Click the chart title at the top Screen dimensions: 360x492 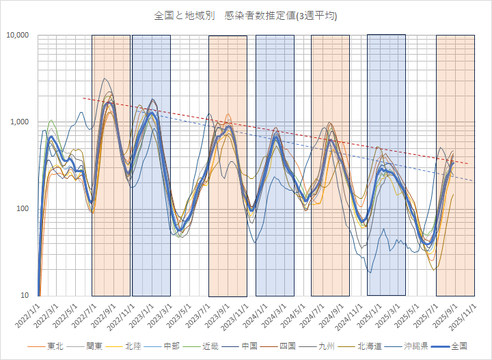tap(246, 14)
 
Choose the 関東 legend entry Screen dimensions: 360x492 tap(95, 347)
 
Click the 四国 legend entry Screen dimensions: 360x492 tap(286, 347)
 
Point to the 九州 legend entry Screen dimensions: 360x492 tap(325, 347)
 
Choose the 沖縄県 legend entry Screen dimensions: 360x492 tap(413, 347)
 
